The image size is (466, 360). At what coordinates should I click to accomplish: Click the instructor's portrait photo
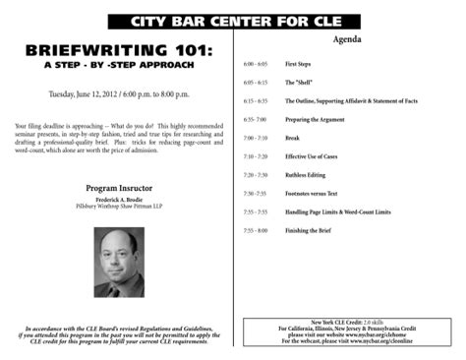[x=116, y=262]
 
